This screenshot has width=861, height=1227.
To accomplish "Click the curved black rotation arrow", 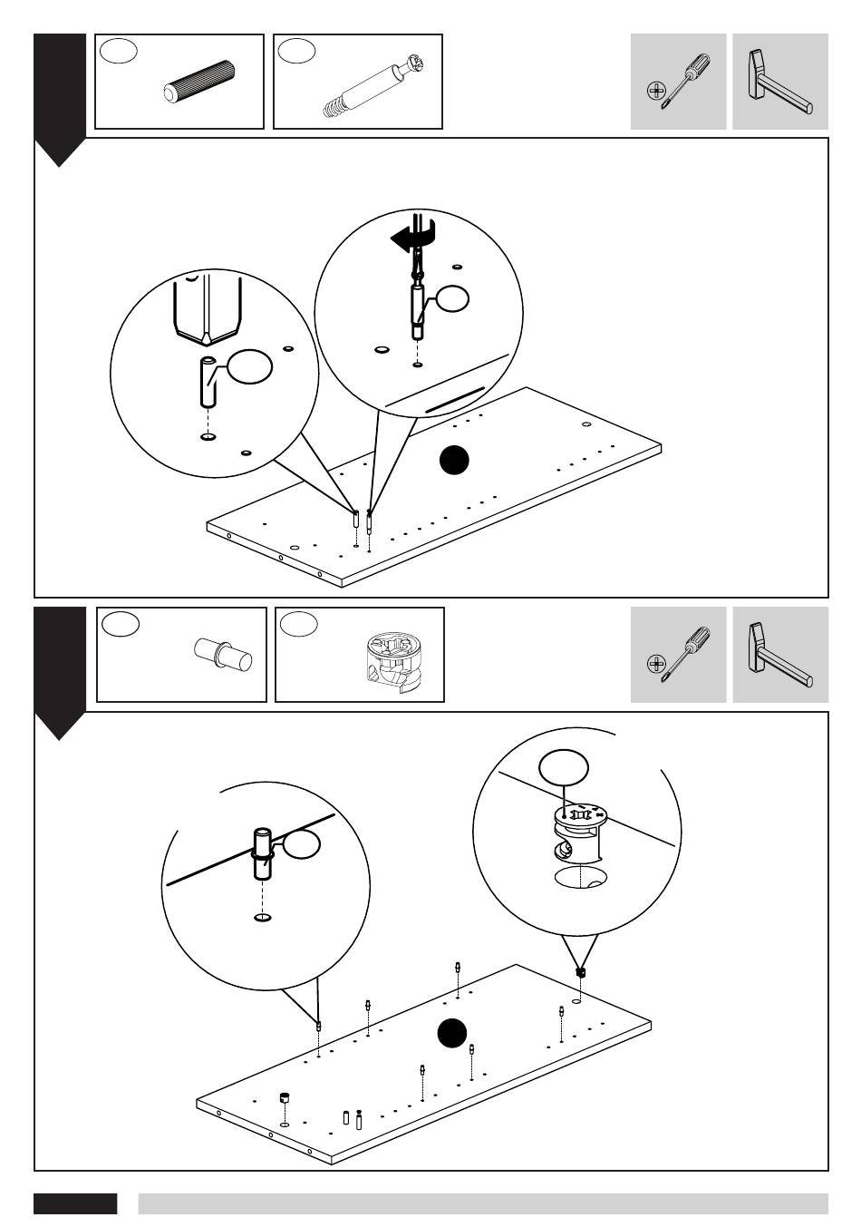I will point(413,239).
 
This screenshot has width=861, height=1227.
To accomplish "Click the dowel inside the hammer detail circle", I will point(208,383).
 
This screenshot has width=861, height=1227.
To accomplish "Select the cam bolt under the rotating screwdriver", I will point(417,309).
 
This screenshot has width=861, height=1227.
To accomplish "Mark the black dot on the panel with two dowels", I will point(454,460).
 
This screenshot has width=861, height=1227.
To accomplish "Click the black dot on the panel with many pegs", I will point(451,1033).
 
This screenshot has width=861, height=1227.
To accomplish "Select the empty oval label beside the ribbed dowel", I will point(119,51).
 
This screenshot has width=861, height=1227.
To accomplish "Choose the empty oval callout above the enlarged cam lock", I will point(563,768).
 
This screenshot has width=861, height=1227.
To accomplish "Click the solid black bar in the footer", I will point(75,1203).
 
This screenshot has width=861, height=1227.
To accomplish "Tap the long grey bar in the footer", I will point(482,1203).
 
